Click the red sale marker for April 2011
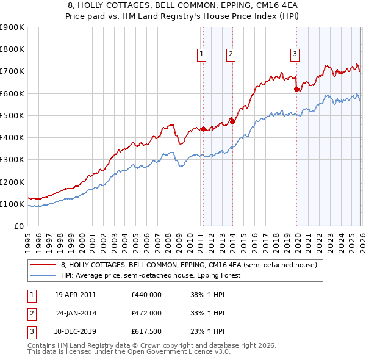click(203, 129)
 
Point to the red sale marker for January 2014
click(232, 121)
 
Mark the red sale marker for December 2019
click(296, 90)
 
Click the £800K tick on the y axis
click(12, 49)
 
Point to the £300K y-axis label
click(12, 160)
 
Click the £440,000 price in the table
click(146, 294)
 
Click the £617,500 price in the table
click(146, 332)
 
